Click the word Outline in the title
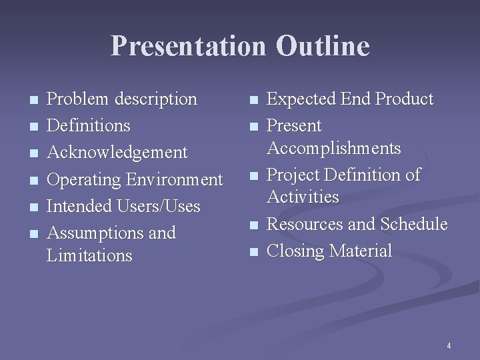pos(323,46)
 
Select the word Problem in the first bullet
pos(79,99)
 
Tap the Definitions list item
pos(89,125)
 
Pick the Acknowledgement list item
pos(117,153)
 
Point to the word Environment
pos(175,180)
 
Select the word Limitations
pos(90,255)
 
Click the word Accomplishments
pos(334,148)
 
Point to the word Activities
pos(303,197)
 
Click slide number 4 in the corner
pos(449,346)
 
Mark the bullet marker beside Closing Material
pos(252,253)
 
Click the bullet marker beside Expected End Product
pos(252,101)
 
